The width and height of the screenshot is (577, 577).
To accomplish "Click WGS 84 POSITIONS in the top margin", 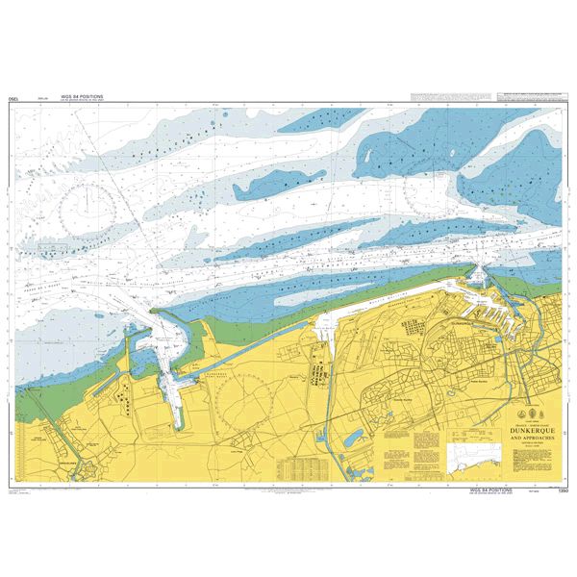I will (x=82, y=96).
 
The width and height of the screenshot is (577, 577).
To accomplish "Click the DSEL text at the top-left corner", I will (x=13, y=98).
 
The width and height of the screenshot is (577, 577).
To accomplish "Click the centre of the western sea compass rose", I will (x=86, y=203).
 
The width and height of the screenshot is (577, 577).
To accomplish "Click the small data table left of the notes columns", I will (x=297, y=467).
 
